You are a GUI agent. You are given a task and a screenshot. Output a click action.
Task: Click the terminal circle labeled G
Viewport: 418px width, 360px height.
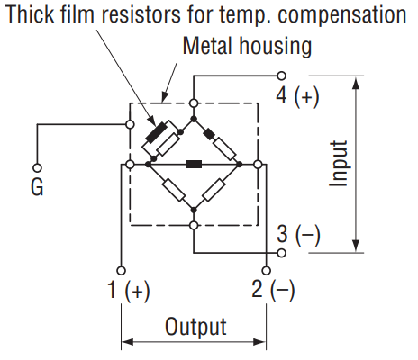(37, 168)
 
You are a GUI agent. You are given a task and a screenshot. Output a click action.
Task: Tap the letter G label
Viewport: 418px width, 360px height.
(37, 187)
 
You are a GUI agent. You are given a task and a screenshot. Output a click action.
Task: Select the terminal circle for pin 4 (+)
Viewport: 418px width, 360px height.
(281, 76)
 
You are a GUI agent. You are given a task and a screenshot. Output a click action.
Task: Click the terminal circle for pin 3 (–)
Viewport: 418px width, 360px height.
(281, 253)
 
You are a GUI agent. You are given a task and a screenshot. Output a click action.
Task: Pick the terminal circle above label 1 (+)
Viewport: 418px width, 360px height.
(121, 271)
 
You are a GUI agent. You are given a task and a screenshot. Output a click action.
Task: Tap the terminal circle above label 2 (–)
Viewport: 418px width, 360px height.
(266, 271)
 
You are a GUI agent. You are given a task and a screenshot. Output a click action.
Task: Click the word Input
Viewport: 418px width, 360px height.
(339, 164)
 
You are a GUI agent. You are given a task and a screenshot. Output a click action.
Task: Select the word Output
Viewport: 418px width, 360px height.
(195, 327)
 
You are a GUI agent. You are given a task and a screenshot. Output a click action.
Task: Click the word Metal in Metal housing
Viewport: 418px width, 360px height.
(207, 46)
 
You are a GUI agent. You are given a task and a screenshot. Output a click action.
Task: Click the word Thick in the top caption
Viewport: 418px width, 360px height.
(30, 14)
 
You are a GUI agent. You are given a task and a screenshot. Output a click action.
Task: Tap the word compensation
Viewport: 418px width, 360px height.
(342, 15)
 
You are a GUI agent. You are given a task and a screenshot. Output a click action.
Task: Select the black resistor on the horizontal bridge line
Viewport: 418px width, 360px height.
(194, 165)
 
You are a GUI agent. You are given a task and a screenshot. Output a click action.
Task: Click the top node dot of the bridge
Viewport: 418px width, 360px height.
(194, 119)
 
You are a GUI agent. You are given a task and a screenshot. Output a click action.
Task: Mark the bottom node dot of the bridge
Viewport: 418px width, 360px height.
(194, 210)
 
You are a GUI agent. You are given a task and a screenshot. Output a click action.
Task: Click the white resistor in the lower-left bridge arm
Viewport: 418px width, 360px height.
(174, 190)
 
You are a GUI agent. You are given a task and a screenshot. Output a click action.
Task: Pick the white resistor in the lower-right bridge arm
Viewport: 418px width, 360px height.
(214, 190)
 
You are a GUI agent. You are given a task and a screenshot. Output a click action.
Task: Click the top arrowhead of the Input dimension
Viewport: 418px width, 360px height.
(356, 83)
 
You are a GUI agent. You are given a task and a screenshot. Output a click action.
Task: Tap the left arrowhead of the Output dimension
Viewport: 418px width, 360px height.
(128, 342)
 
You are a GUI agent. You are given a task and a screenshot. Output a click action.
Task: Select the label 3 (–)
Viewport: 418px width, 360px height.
(298, 235)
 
